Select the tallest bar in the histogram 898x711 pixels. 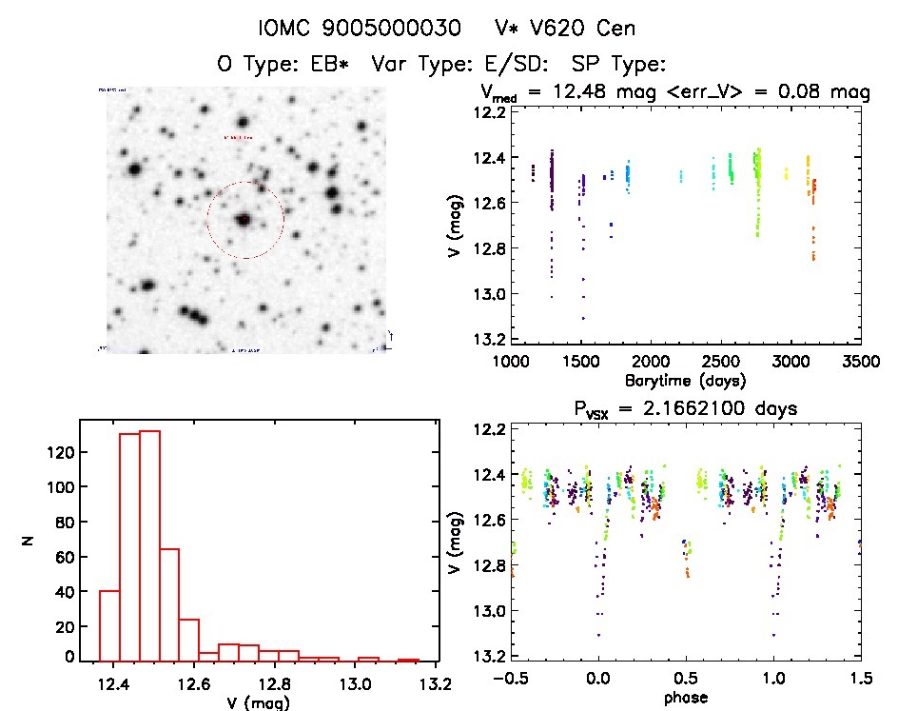[x=149, y=544]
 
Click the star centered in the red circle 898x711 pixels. [x=245, y=220]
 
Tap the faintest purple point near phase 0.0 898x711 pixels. [x=598, y=635]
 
